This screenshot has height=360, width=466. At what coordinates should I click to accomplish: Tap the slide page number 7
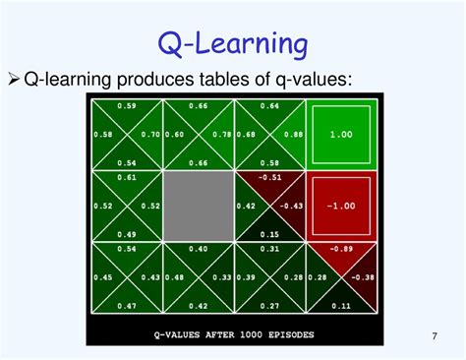pos(434,338)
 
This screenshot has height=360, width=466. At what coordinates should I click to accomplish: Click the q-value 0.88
pos(293,135)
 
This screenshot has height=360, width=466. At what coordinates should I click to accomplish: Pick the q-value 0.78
pos(222,135)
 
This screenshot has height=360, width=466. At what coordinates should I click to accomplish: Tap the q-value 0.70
pos(150,135)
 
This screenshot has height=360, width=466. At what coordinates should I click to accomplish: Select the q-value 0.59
pos(127,106)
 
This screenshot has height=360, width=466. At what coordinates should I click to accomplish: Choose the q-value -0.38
pos(363,277)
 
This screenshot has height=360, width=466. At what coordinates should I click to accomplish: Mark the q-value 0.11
pos(340,306)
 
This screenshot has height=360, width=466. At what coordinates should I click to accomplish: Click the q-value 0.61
pos(127,178)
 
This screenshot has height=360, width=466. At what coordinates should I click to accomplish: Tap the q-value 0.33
pos(222,277)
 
